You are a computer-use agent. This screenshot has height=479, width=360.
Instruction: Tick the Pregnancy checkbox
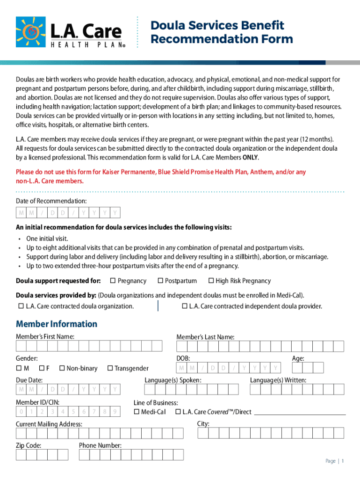click(113, 281)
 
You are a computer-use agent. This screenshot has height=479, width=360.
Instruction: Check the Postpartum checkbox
click(160, 281)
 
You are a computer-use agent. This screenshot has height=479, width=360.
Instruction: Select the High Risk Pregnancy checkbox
click(211, 281)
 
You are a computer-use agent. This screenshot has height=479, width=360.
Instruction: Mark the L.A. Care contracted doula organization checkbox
click(21, 306)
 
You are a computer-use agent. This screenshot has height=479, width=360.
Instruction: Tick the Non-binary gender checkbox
click(62, 368)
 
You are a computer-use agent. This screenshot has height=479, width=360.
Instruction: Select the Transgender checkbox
click(110, 368)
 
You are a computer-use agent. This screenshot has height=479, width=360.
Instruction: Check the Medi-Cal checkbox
click(137, 412)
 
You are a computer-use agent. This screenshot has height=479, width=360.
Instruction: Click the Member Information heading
click(57, 324)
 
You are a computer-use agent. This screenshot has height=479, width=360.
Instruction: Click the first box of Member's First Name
click(22, 346)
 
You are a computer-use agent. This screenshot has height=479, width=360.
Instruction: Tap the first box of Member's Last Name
click(182, 346)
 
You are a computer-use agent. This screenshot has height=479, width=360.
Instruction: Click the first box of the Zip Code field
click(22, 455)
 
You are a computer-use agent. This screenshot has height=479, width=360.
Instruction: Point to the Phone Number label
click(100, 445)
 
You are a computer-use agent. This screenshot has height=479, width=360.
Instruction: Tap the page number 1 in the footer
click(343, 461)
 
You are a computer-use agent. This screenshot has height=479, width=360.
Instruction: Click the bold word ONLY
click(250, 157)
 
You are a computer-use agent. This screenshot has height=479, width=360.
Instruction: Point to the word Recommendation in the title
click(192, 39)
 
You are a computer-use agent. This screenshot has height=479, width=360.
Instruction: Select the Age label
click(298, 358)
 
